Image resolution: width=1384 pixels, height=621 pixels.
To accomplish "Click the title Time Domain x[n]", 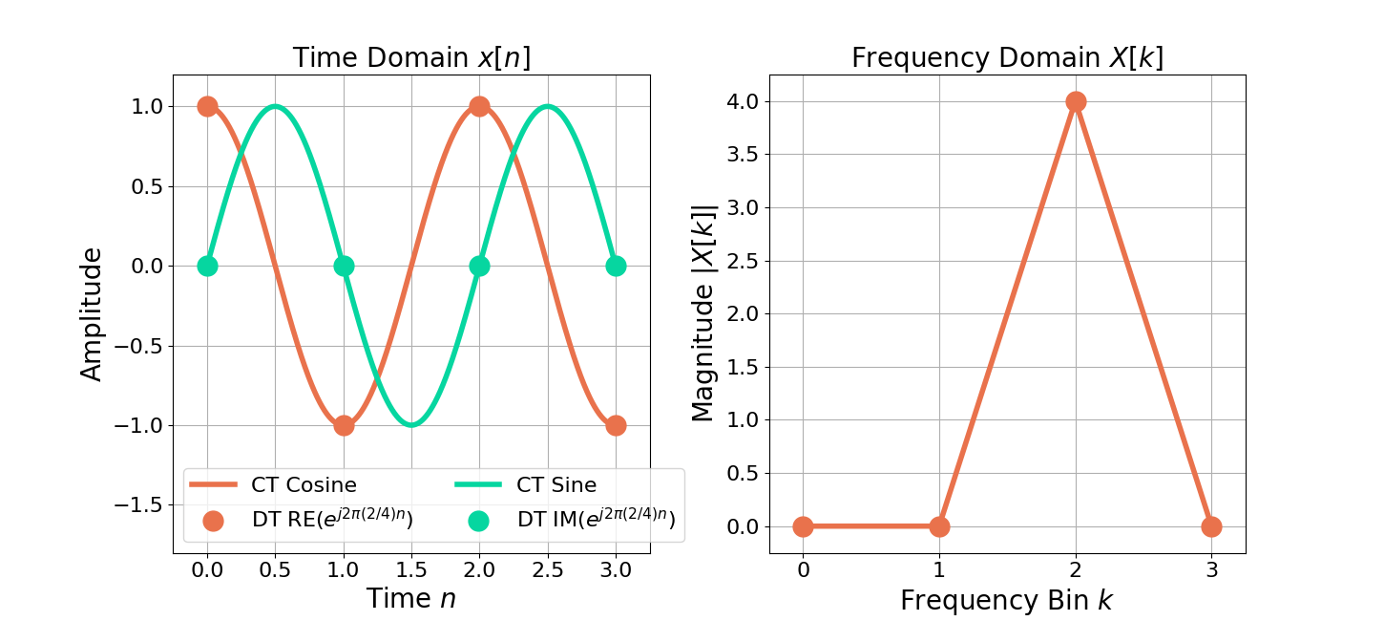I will coord(411,58).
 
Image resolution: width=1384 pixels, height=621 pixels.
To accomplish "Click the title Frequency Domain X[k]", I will coord(1007,58).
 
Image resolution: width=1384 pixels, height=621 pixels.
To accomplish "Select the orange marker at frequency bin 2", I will coord(1076,101).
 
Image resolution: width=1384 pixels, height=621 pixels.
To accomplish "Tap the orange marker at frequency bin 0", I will coord(803,526).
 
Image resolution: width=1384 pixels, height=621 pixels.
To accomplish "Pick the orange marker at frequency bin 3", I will coord(1211,526).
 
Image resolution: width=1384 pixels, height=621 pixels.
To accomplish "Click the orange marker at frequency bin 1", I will coord(939,526).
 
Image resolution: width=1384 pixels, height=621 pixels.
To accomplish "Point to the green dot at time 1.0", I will coord(344,266).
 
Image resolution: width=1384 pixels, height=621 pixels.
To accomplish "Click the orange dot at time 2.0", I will coord(479,106).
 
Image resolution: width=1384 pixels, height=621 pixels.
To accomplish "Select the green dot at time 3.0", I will coord(616,266).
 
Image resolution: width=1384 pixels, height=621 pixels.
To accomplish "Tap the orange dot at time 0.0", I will coord(207,106).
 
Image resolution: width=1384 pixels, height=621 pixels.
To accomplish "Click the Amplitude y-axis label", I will coord(92,313).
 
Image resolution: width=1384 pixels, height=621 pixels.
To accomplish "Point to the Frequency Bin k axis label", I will coord(1007,600).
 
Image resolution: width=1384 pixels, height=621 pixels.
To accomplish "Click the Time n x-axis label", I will coord(411,598).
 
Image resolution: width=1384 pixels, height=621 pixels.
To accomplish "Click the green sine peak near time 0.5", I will coord(276,106).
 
